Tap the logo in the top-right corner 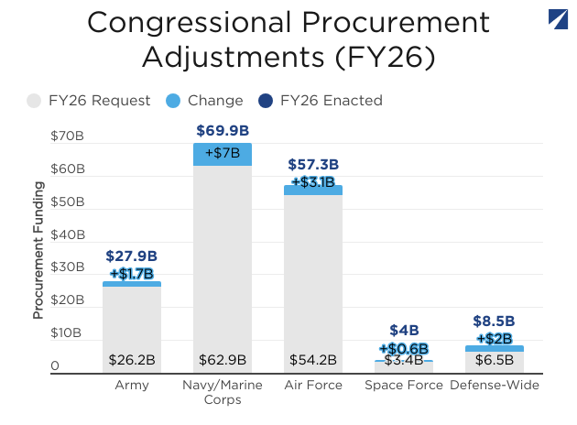pyautogui.click(x=558, y=19)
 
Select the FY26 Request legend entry pyautogui.click(x=90, y=100)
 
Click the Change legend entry pyautogui.click(x=205, y=100)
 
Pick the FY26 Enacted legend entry pyautogui.click(x=321, y=100)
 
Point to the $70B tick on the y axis pyautogui.click(x=68, y=136)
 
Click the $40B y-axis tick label pyautogui.click(x=68, y=234)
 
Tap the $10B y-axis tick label pyautogui.click(x=68, y=332)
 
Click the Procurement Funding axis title pyautogui.click(x=38, y=250)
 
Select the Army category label pyautogui.click(x=132, y=386)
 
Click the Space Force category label pyautogui.click(x=404, y=386)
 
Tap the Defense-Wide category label pyautogui.click(x=495, y=386)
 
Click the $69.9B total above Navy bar pyautogui.click(x=223, y=130)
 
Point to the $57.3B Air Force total pyautogui.click(x=313, y=165)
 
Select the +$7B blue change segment pyautogui.click(x=223, y=154)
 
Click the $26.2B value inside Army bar pyautogui.click(x=132, y=360)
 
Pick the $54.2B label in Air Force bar pyautogui.click(x=313, y=360)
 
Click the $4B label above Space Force pyautogui.click(x=404, y=330)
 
